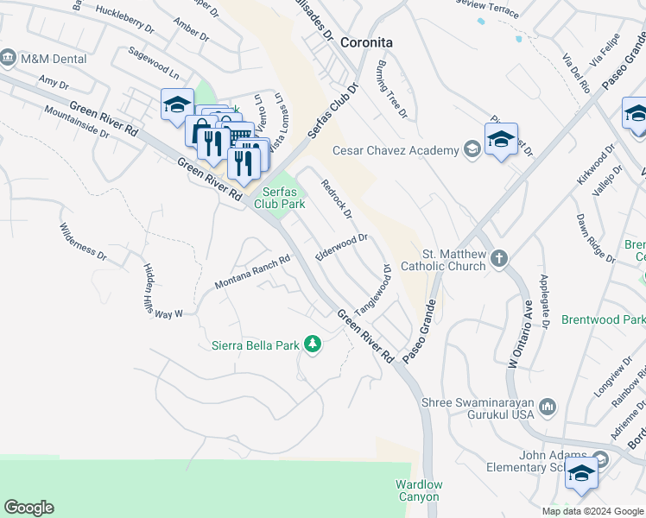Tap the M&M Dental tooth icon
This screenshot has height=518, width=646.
click(9, 58)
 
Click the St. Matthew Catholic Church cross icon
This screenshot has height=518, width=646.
click(498, 258)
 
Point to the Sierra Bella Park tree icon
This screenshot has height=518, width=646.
click(312, 345)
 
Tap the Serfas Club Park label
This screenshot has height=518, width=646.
click(279, 199)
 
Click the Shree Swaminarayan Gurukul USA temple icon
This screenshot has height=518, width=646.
click(548, 406)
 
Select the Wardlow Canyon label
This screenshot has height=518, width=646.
click(418, 490)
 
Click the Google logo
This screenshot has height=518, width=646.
click(28, 508)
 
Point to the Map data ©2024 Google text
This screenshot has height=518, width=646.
click(592, 511)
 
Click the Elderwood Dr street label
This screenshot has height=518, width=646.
click(342, 246)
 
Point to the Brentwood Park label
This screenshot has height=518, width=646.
click(603, 319)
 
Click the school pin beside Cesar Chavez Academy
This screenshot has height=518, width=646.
click(501, 140)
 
